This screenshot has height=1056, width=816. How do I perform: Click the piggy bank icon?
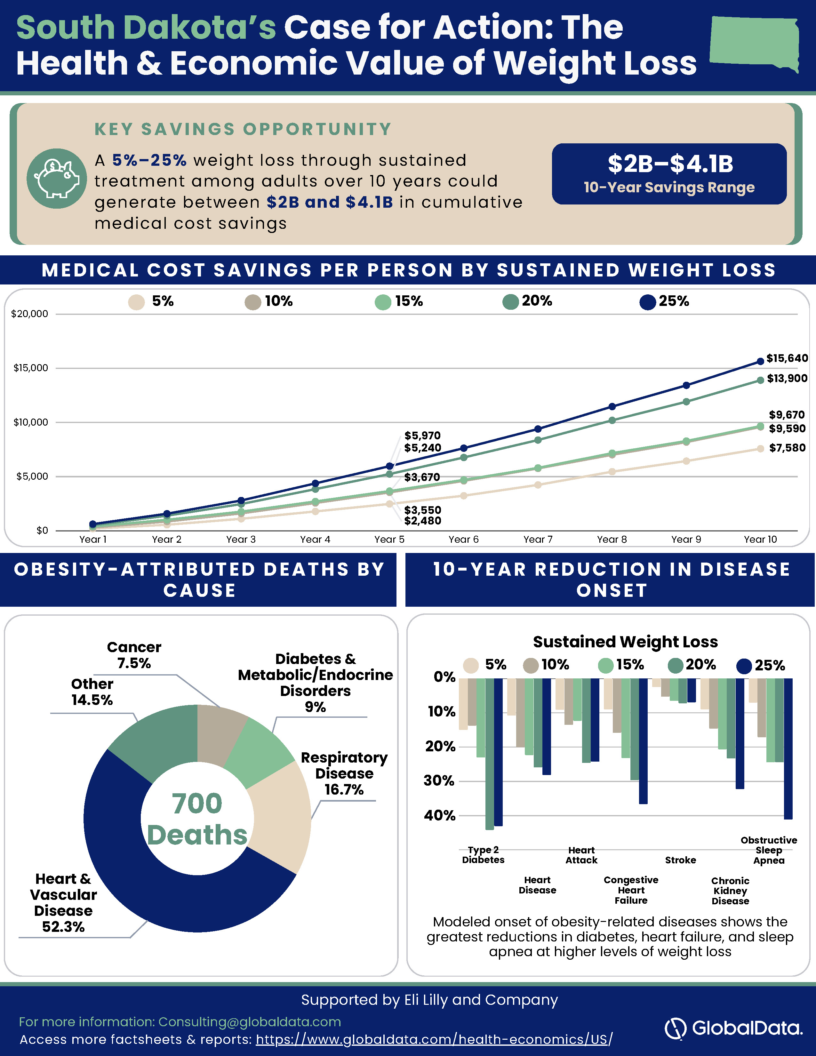click(x=57, y=179)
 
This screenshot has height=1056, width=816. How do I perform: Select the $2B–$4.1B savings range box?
click(x=669, y=173)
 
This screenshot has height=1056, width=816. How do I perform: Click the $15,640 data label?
click(x=787, y=358)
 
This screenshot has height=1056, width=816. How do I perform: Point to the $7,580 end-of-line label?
click(x=787, y=448)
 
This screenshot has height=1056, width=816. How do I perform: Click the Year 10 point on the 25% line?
click(x=760, y=361)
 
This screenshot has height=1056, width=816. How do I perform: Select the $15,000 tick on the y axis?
click(x=30, y=368)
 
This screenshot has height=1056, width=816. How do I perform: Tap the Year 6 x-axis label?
click(x=463, y=539)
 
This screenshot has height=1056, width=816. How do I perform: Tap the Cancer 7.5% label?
click(x=134, y=655)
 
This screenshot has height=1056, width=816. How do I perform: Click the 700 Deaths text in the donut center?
click(x=197, y=819)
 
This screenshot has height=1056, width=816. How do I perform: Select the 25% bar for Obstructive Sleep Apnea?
click(x=788, y=748)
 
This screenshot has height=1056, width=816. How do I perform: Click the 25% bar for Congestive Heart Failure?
click(x=643, y=741)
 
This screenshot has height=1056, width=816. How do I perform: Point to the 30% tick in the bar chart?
click(x=439, y=781)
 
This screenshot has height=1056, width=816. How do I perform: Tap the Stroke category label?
click(x=680, y=860)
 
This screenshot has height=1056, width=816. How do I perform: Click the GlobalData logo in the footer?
click(x=733, y=1028)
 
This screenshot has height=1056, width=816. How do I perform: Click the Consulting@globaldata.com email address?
click(x=250, y=1022)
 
